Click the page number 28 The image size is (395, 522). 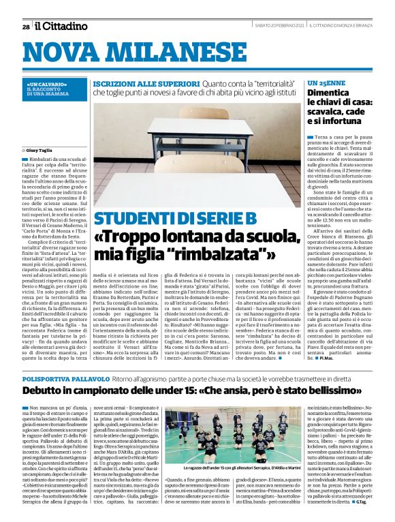click(26, 27)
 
